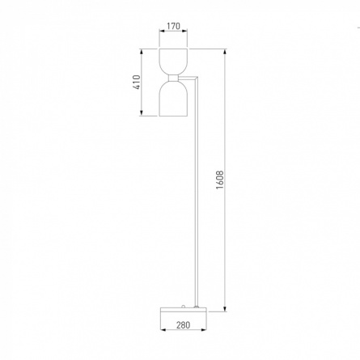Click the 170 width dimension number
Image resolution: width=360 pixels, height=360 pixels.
[173, 26]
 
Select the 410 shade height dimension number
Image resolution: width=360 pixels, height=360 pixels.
[137, 83]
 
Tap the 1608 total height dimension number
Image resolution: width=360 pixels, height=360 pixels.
[220, 180]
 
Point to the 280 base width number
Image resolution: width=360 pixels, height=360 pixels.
[184, 325]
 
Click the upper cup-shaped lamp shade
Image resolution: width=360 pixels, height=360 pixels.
[173, 61]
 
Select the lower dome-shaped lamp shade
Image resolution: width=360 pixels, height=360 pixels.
[173, 99]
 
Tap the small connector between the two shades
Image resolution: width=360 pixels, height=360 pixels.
[173, 78]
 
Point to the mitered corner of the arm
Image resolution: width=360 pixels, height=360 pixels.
[196, 78]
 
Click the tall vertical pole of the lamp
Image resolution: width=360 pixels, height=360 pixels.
[197, 192]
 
